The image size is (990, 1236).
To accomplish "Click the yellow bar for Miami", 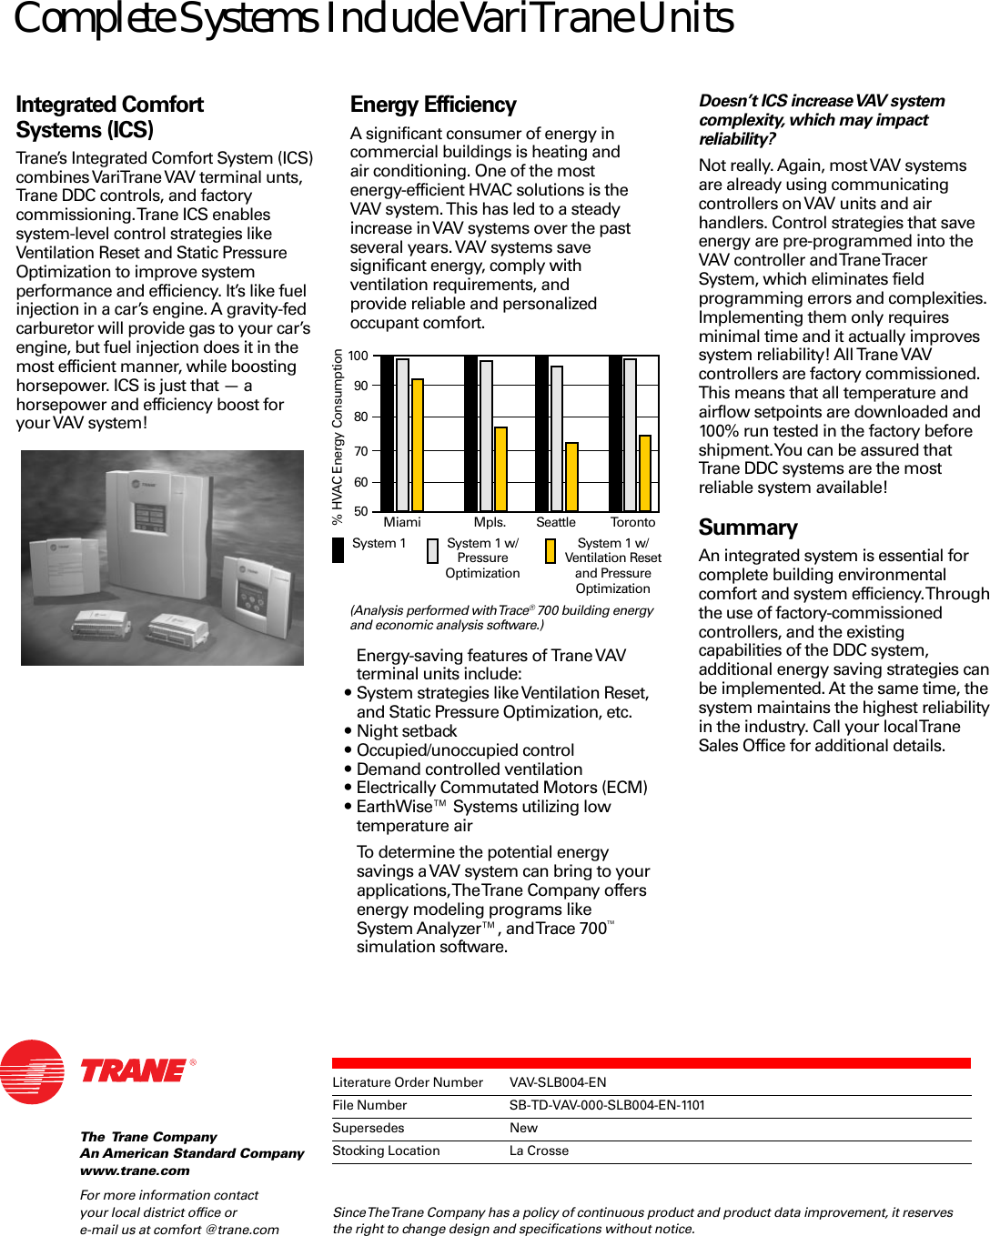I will point(418,445).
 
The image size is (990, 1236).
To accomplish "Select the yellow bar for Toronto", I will point(645,473).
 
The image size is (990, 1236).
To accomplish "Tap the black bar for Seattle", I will point(541,433).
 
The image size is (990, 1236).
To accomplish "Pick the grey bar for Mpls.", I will point(486,436).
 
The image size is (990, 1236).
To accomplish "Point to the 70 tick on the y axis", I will point(361,451).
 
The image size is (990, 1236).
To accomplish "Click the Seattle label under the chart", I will point(555,523).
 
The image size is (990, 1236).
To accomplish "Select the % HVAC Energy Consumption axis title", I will point(338,437).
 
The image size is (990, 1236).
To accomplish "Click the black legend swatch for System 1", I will point(338,550).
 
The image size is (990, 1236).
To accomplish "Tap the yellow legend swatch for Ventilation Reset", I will point(551,551).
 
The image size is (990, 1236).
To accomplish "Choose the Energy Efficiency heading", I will point(433,106).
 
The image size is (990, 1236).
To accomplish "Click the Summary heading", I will point(747,528).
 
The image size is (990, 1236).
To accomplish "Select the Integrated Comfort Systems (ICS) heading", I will point(109,117).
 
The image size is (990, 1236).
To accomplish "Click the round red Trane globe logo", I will point(33,1071).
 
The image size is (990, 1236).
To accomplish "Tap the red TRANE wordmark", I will point(134,1070).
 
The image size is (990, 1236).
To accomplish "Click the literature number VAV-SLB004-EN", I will point(557,1082).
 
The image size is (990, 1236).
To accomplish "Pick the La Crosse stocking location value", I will point(539,1151).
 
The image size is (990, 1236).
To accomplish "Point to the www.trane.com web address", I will point(135,1171).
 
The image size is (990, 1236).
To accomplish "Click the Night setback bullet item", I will point(406,731).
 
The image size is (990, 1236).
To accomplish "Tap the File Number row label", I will point(369,1105).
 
